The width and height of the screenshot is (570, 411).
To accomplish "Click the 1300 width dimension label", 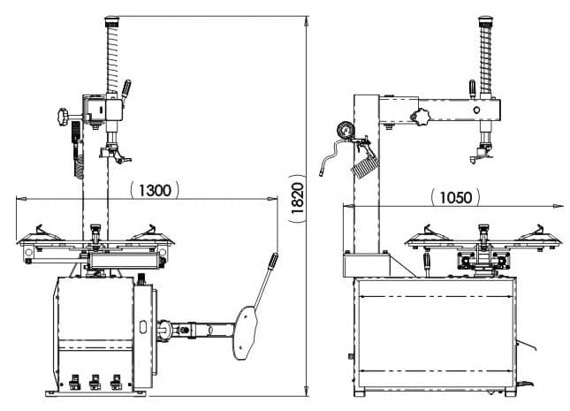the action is tap(155, 190).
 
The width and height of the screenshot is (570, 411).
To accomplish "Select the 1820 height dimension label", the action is tap(297, 198).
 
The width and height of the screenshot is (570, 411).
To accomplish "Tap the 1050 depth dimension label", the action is tap(455, 197).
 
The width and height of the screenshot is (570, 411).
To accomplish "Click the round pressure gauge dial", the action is tap(345, 130).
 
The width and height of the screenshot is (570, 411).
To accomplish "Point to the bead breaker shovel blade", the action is tap(246, 332).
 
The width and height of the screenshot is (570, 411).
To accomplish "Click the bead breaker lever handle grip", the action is tap(273, 261).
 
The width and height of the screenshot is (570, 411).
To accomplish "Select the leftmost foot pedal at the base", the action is tap(74, 382).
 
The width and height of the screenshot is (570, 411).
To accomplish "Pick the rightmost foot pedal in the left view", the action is tap(117, 382).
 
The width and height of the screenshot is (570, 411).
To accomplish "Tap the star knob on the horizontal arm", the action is tap(421, 117).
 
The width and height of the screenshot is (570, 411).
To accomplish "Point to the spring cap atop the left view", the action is tap(112, 21).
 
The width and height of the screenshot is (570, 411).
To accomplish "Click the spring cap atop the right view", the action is tap(486, 21).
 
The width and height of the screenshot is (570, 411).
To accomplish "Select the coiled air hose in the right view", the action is tap(365, 166).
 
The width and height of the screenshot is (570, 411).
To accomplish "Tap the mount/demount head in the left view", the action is tap(115, 154).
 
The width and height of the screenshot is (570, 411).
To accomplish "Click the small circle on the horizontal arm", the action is tap(476, 110).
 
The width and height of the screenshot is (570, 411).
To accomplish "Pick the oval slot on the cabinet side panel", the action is tap(143, 326).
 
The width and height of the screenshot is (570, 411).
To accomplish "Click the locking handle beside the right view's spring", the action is tap(472, 89).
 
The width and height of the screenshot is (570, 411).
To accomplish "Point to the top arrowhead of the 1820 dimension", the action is tap(307, 21).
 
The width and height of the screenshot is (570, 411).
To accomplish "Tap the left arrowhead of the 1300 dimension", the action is tap(21, 199).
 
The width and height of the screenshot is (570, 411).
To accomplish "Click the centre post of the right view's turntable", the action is tap(483, 237).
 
